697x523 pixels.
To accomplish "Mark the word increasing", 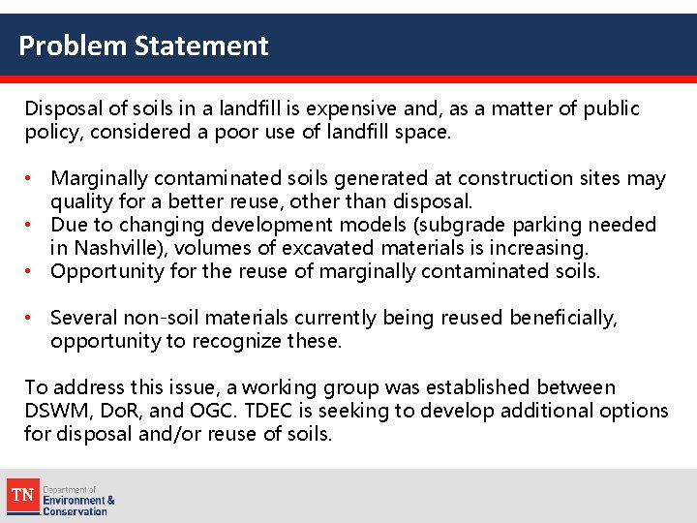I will click(542, 248).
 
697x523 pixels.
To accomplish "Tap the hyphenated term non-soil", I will click(170, 318).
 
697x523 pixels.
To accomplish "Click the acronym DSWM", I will click(55, 411).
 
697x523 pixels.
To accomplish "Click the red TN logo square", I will click(22, 496).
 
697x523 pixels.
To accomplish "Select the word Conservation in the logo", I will click(75, 510).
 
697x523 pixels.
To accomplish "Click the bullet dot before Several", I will click(32, 318).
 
